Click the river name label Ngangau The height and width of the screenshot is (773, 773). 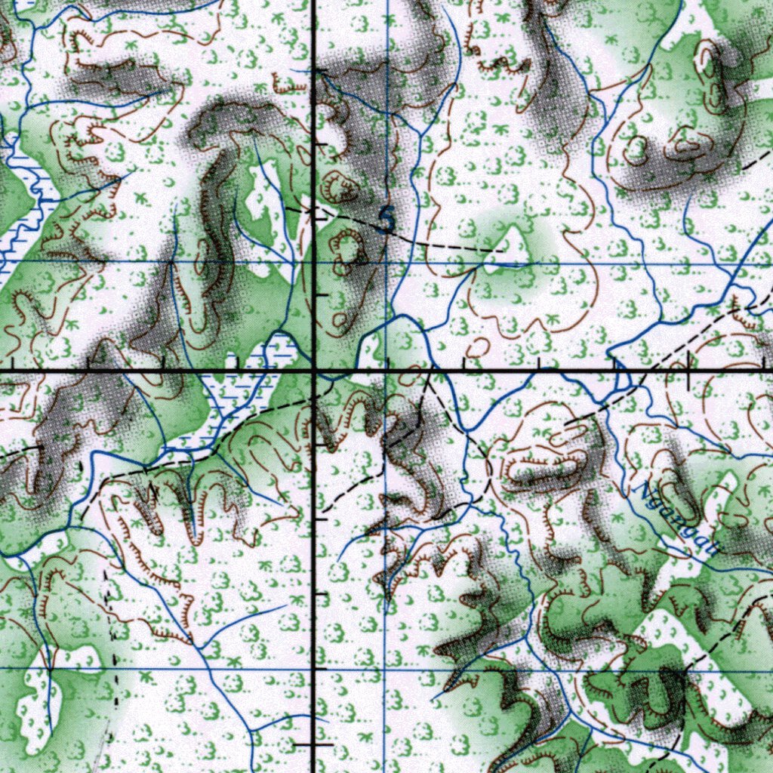click(676, 519)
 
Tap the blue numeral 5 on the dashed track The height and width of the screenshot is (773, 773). click(386, 219)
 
